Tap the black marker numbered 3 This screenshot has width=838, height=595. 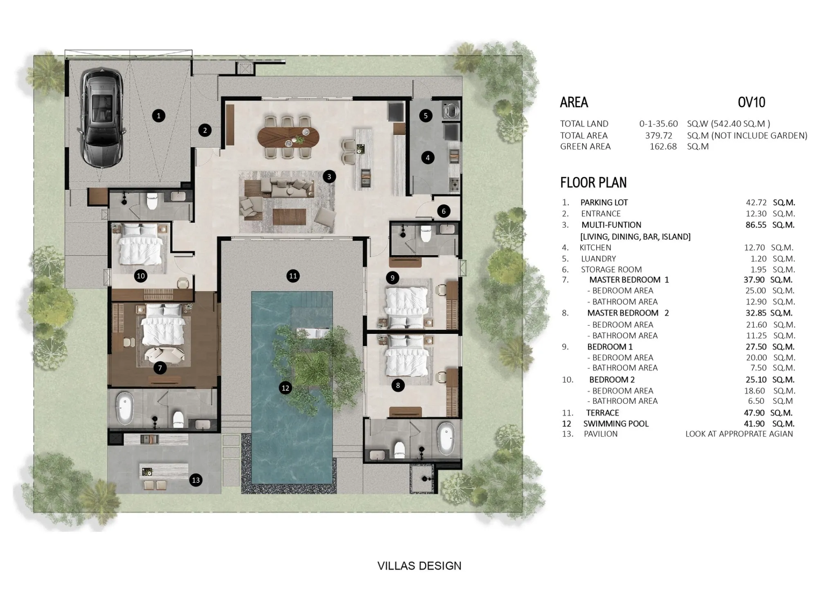point(329,176)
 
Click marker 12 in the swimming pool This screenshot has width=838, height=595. point(285,387)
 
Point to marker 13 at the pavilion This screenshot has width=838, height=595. point(196,480)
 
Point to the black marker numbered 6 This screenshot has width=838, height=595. point(444,211)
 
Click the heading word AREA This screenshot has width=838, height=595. point(574,102)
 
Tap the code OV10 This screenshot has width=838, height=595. point(751,102)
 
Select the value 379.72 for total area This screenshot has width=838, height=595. point(659,136)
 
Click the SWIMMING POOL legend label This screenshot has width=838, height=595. point(616,424)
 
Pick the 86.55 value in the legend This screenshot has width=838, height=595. point(756,225)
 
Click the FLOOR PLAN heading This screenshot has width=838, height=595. point(593,182)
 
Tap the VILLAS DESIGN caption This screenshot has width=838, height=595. point(419,566)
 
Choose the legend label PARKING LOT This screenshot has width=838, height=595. point(604,202)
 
